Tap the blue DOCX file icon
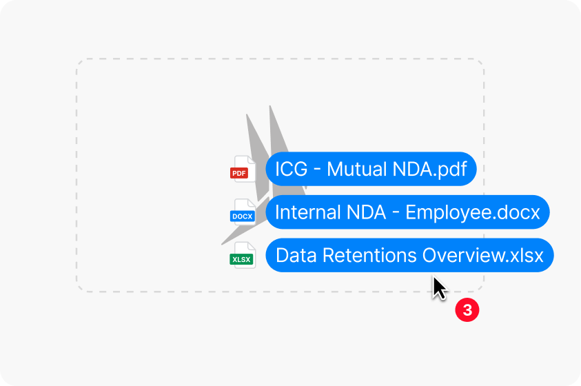pos(243,212)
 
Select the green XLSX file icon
pos(243,255)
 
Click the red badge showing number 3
pos(467,309)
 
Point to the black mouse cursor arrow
pos(440,288)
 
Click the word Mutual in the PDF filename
pos(357,170)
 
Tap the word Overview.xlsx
pos(483,256)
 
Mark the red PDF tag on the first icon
pos(239,173)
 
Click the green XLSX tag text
pos(241,259)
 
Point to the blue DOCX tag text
pos(243,216)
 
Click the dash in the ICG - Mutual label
pos(317,170)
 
